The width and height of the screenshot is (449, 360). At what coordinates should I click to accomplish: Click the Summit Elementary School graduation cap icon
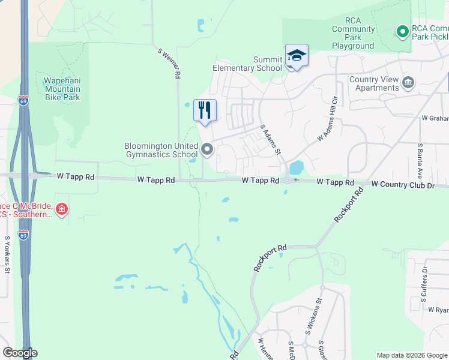296,56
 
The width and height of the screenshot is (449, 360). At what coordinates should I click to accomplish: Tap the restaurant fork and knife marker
205,110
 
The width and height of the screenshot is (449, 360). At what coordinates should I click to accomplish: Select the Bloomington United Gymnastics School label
161,150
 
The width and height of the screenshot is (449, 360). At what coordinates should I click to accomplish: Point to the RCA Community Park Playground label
353,33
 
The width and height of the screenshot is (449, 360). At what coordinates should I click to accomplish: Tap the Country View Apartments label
374,83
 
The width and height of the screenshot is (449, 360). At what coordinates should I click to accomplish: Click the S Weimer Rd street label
169,62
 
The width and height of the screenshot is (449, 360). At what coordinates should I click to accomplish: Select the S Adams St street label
271,139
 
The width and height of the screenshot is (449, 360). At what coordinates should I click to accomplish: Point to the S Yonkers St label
7,254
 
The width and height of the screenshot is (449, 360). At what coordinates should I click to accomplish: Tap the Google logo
20,353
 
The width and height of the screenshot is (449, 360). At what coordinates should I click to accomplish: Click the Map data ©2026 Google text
411,355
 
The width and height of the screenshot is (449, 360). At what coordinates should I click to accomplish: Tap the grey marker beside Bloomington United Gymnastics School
208,149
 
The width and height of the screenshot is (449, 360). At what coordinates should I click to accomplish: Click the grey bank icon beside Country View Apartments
408,82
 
